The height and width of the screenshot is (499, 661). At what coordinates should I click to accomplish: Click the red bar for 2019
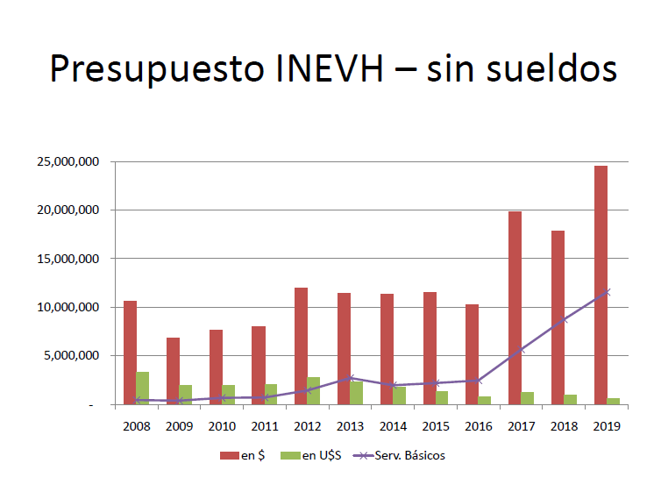coord(601,285)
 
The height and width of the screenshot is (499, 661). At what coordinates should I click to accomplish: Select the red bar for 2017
coord(515,307)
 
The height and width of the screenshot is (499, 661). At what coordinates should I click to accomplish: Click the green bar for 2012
coord(313,390)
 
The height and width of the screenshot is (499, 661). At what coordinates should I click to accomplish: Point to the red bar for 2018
coord(558,317)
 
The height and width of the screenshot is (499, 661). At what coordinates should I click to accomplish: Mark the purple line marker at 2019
coord(607,292)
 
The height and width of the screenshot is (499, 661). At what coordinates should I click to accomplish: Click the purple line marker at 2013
coord(350,378)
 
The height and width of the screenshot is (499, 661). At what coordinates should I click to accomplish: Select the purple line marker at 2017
coord(521,350)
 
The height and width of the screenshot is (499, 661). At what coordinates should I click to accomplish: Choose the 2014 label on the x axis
coord(392,426)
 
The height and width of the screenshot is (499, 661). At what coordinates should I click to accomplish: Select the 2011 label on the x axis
coord(264,426)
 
